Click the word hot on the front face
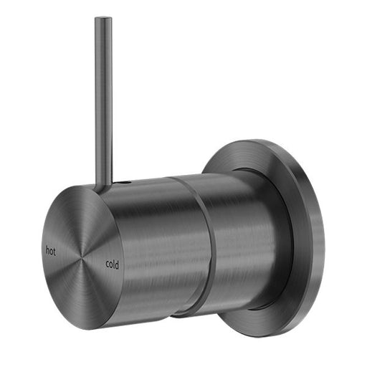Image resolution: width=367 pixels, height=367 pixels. click(x=50, y=251)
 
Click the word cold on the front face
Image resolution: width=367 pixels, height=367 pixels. click(x=113, y=263)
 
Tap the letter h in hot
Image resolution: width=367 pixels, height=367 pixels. click(x=47, y=251)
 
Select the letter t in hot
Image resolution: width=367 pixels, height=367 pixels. click(x=54, y=252)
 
